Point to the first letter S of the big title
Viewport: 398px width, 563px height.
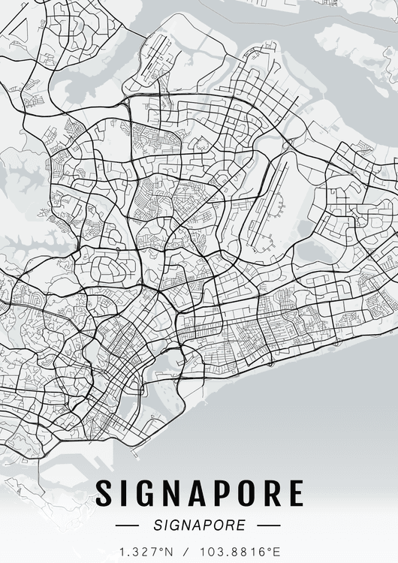[105, 493]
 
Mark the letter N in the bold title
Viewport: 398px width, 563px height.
[173, 493]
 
